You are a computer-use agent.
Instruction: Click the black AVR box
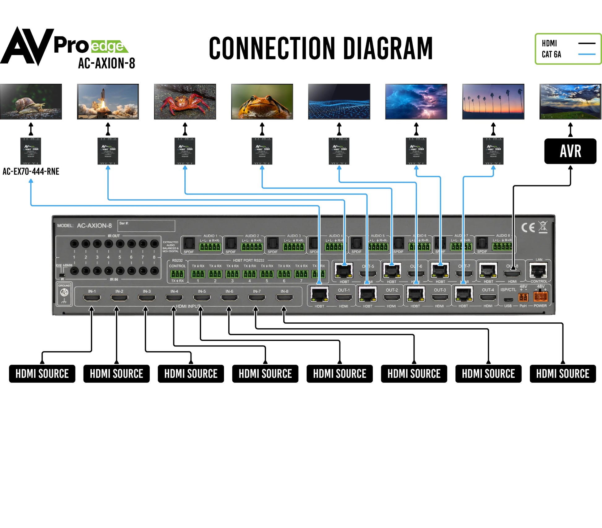point(570,151)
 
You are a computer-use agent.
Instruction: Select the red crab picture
point(185,102)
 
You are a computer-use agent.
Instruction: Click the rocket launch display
point(108,102)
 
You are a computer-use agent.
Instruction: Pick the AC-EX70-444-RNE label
point(31,172)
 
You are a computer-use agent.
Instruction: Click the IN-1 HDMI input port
point(92,298)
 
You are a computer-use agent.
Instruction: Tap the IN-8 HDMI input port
point(284,298)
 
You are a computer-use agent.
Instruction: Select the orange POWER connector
point(540,297)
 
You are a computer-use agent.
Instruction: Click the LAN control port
point(539,271)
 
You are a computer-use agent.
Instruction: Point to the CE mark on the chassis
point(528,228)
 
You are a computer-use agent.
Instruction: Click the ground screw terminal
point(64,292)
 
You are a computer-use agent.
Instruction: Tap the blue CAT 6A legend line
point(587,54)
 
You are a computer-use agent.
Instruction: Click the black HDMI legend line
point(587,43)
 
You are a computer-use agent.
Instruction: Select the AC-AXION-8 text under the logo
point(106,63)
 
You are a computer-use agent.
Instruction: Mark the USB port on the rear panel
point(508,299)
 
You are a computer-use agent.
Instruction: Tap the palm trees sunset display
point(493,102)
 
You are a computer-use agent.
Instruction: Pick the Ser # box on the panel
point(146,226)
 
